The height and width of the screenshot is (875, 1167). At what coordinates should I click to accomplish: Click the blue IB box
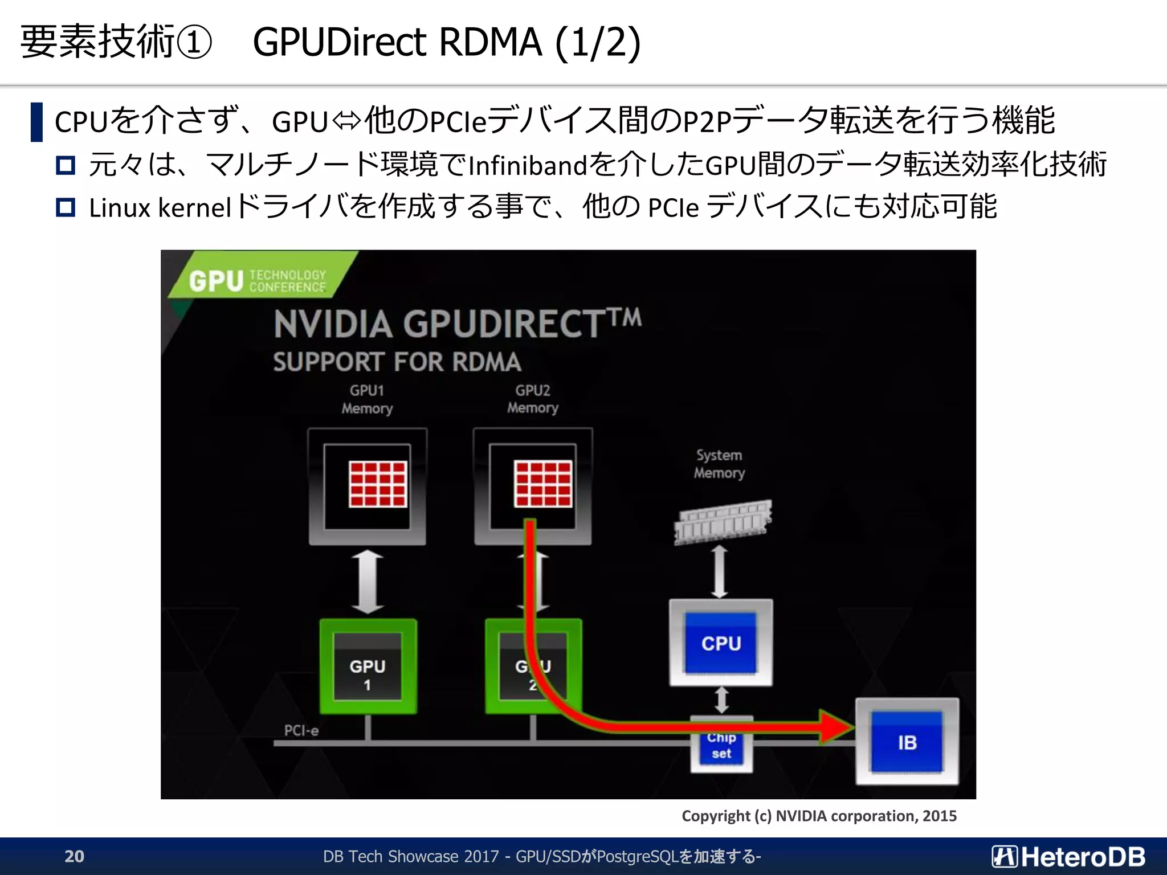click(907, 742)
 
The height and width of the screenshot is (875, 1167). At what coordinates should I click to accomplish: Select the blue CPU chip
click(721, 643)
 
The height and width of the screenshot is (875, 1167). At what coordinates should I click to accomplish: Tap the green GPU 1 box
click(368, 667)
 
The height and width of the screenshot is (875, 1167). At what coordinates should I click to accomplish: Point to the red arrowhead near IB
click(835, 726)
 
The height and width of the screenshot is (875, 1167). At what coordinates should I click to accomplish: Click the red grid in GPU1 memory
click(378, 484)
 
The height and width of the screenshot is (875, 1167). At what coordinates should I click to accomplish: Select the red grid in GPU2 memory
click(543, 484)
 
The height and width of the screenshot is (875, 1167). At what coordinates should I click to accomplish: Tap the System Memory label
click(719, 464)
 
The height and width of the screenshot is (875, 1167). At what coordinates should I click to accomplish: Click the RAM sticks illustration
click(723, 521)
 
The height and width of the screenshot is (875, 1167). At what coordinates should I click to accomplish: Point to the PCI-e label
click(301, 730)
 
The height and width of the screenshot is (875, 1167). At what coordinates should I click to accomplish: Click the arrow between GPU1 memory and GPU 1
click(368, 582)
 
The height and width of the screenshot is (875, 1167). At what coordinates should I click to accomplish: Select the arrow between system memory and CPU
click(720, 571)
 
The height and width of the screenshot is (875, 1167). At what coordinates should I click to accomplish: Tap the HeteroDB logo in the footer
click(1068, 856)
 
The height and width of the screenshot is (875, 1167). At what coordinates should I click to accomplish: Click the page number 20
click(74, 856)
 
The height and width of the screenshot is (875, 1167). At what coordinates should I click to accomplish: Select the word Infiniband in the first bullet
click(528, 166)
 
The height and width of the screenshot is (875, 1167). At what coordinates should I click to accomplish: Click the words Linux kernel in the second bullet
click(160, 207)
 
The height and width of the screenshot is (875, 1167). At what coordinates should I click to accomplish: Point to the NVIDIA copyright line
click(819, 816)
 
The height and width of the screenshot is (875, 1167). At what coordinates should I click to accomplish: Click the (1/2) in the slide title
click(598, 42)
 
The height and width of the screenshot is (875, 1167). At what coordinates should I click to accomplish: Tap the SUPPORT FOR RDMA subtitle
click(397, 362)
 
